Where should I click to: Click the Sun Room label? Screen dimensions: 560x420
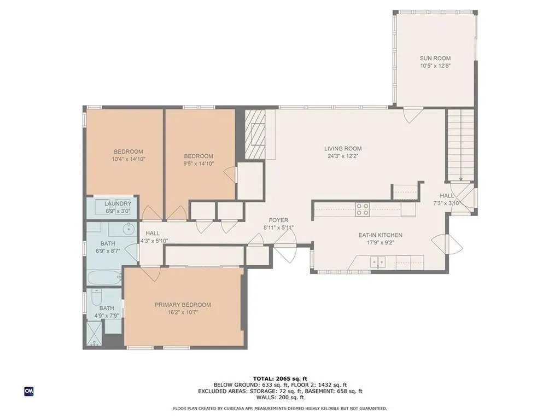click(x=435, y=58)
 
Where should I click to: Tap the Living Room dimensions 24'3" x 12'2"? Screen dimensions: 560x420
click(x=343, y=156)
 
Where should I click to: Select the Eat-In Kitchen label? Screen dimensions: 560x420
click(x=381, y=235)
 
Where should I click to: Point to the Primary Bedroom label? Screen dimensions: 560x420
click(x=183, y=305)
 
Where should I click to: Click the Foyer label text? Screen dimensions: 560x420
click(x=278, y=220)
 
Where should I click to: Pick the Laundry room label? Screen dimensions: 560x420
click(x=118, y=203)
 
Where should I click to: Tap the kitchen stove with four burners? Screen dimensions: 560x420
click(x=362, y=209)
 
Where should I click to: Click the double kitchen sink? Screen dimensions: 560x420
click(x=378, y=262)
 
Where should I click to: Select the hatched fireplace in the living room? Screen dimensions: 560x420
click(x=255, y=133)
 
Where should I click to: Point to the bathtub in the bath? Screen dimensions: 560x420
click(x=104, y=277)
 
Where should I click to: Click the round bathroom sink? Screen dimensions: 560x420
click(x=129, y=229)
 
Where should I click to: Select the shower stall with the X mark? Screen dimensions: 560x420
click(x=94, y=334)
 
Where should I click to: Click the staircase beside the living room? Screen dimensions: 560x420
click(x=460, y=145)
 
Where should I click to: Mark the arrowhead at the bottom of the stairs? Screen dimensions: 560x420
click(x=461, y=179)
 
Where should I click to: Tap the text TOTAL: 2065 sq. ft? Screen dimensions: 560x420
click(x=280, y=378)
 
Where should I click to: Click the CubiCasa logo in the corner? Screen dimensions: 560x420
click(x=29, y=391)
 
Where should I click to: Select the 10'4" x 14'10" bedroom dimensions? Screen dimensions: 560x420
click(x=128, y=159)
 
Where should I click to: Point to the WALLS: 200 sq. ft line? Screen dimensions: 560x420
click(x=280, y=397)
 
